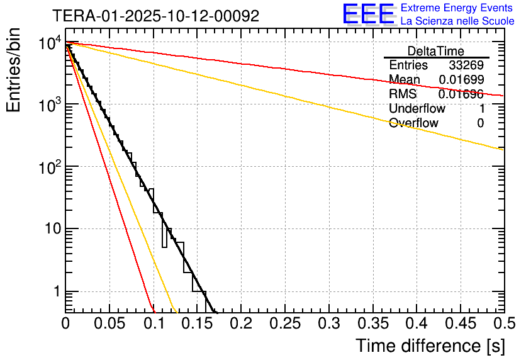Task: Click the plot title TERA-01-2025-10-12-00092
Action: coord(155,16)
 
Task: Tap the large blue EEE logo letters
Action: coord(368,14)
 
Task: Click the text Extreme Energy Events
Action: coord(457,8)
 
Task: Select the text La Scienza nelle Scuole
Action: coord(457,21)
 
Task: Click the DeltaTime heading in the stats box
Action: coord(436,51)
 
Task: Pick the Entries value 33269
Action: coord(466,65)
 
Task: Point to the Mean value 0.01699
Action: coord(461,80)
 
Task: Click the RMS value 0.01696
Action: coord(461,94)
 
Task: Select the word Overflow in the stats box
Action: coord(413,123)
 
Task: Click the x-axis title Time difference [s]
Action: coord(430,346)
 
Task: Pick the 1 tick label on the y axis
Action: coord(56,292)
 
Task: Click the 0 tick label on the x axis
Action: coord(65,324)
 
